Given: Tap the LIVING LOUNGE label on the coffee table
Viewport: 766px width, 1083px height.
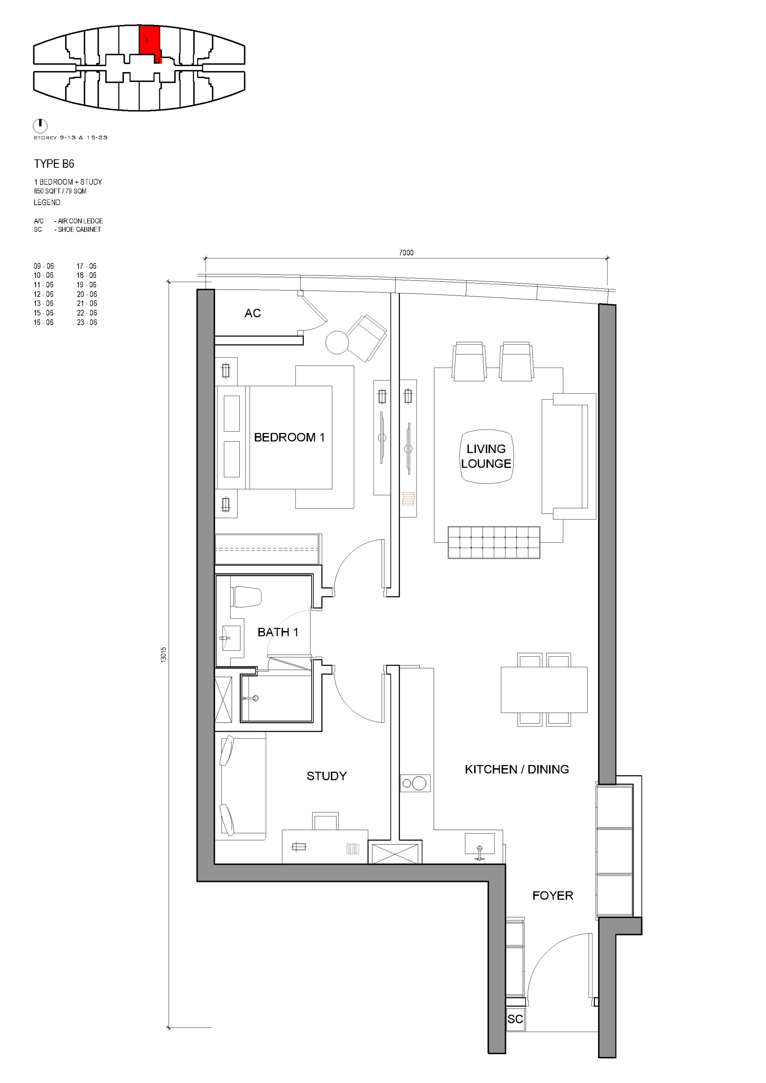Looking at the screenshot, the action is [x=486, y=456].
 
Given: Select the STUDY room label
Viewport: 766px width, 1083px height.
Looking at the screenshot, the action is [x=327, y=776].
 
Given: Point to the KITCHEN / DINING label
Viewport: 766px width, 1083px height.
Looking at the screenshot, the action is [x=517, y=769].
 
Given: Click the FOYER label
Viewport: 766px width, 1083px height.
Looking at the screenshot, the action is [x=553, y=896].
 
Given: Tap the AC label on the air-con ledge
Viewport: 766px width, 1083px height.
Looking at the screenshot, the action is [x=252, y=313].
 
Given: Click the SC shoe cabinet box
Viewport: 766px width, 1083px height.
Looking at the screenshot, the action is [x=515, y=1019].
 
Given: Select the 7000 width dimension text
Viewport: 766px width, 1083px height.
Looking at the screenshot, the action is [x=406, y=253].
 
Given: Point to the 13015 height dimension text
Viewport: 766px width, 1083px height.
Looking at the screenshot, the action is [x=163, y=655].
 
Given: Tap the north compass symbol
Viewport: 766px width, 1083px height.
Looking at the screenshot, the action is [x=40, y=126].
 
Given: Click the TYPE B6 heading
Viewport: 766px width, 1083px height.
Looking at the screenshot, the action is [x=54, y=164].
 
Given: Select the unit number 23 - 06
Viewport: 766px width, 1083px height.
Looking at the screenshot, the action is [x=87, y=323].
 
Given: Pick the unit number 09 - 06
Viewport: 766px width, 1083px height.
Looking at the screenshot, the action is [x=43, y=266].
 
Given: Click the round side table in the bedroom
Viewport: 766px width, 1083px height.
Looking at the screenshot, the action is [x=337, y=342].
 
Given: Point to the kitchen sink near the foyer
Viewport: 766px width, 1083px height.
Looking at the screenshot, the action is [x=479, y=844].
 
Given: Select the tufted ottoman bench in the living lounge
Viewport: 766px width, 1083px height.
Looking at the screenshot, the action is [x=494, y=543].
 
